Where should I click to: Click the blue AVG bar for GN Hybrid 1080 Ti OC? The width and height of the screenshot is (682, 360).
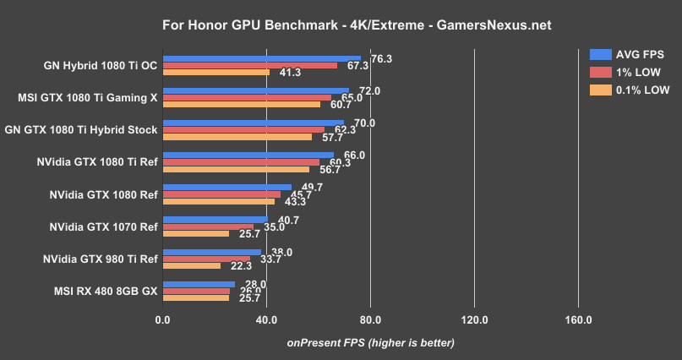pyautogui.click(x=261, y=59)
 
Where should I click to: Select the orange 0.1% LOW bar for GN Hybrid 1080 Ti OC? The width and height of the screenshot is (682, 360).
pyautogui.click(x=216, y=72)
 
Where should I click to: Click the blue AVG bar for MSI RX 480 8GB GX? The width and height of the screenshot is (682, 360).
pyautogui.click(x=199, y=285)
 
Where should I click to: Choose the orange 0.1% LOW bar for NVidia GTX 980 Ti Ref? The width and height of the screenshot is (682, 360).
pyautogui.click(x=192, y=265)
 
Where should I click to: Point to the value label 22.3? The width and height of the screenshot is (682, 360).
pyautogui.click(x=242, y=266)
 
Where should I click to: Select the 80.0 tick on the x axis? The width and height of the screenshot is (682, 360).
pyautogui.click(x=370, y=320)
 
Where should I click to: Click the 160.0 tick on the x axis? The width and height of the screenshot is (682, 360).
pyautogui.click(x=578, y=320)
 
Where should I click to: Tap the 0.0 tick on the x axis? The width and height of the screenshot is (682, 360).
pyautogui.click(x=163, y=320)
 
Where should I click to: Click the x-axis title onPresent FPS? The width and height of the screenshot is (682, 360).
pyautogui.click(x=370, y=342)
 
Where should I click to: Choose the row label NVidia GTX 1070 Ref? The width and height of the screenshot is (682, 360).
pyautogui.click(x=104, y=226)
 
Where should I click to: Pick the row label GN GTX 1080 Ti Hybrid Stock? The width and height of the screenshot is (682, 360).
pyautogui.click(x=81, y=129)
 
